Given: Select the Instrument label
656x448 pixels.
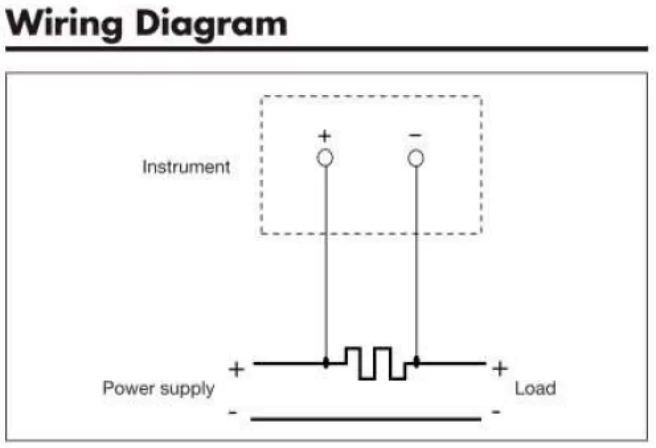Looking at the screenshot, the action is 186,167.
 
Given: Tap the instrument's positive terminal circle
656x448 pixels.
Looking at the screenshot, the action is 325,158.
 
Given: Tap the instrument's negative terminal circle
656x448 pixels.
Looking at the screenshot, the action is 415,158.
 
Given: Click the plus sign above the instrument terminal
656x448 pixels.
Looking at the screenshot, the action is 325,136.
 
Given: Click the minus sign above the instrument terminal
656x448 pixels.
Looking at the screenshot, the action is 415,134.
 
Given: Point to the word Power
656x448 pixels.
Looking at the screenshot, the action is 129,388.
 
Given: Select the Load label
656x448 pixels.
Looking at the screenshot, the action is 535,388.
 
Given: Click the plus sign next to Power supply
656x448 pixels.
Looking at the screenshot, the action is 236,369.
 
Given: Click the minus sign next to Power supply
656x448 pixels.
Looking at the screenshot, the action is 233,413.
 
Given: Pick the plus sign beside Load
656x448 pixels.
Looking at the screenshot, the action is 499,369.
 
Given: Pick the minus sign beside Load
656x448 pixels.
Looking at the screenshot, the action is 496,413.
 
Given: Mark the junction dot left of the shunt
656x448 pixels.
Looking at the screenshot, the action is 326,363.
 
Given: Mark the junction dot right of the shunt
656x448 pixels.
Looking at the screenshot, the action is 417,362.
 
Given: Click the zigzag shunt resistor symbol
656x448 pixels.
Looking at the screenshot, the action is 375,363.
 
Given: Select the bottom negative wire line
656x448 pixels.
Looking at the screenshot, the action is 365,418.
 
